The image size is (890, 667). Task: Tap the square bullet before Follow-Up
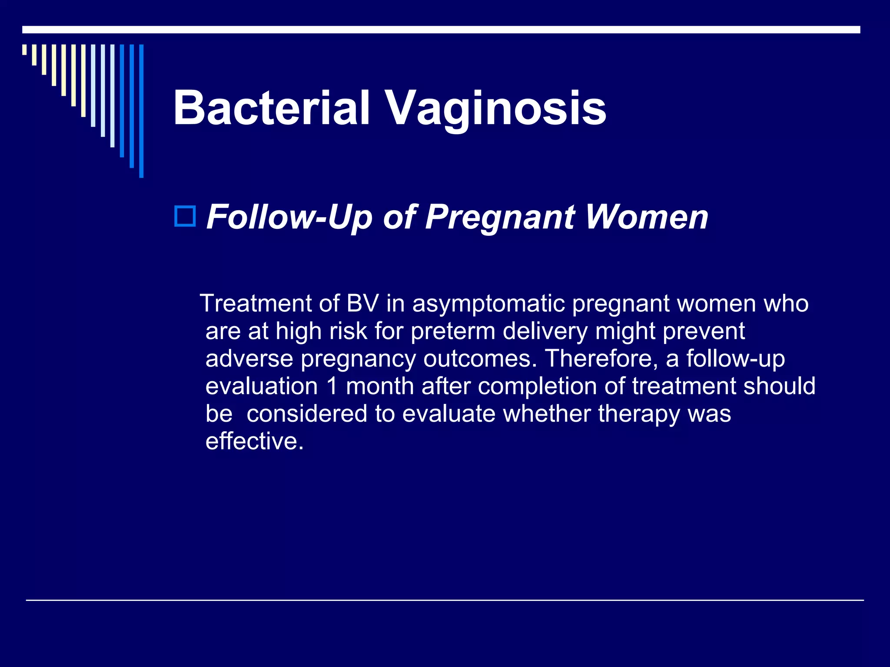pos(185,216)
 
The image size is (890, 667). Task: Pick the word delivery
pos(545,331)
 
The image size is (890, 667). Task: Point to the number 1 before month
pos(332,386)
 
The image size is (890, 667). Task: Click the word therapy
pos(639,414)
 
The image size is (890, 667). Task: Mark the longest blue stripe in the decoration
pos(141,111)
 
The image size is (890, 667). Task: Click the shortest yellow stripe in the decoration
pos(25,50)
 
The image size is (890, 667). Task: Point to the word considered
pos(307,414)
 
